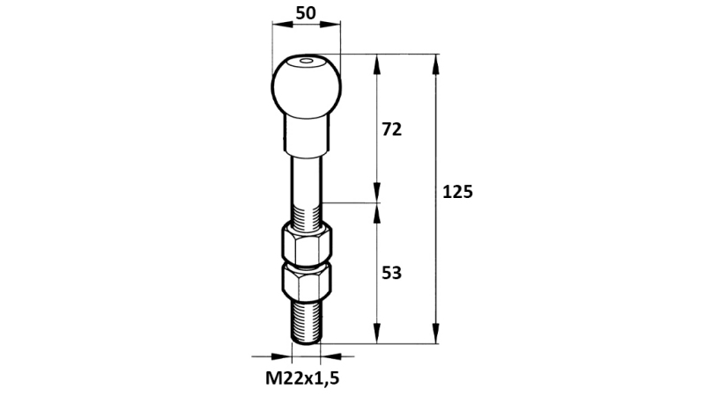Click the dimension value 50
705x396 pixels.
(306, 13)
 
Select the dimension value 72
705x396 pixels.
(391, 129)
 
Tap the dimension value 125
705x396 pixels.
(458, 192)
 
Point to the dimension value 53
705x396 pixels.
(391, 273)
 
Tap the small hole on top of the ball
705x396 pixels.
(306, 62)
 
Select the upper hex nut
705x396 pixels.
(306, 244)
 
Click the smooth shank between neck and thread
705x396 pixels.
(306, 176)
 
